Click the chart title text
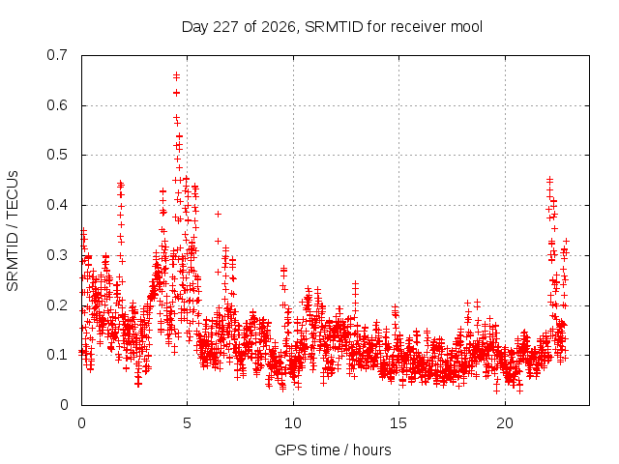coord(332,27)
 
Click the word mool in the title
coord(467,27)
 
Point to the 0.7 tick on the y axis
coord(57,55)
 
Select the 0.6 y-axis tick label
coord(57,105)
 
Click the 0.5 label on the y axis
coord(57,155)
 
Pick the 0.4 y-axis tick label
coord(57,205)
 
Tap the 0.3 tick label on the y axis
coord(57,255)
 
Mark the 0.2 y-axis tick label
coord(57,305)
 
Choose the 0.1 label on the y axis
coord(57,355)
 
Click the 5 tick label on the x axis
coord(187,423)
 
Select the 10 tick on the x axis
coord(293,423)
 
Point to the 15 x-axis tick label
coord(398,423)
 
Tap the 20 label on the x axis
coord(505,423)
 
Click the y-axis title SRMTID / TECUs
coord(13,231)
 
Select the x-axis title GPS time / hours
coord(333,450)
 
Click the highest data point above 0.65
coord(176,74)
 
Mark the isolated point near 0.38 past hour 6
coord(218,214)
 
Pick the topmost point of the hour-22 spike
coord(549,180)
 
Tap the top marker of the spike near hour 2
coord(121,183)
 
